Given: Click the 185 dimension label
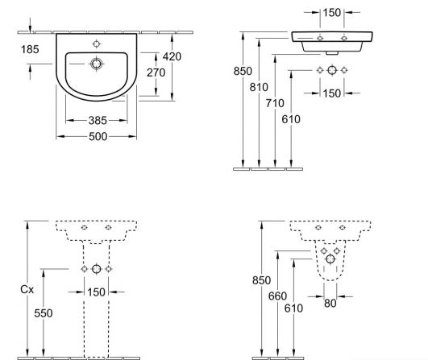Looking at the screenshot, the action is [x=30, y=49].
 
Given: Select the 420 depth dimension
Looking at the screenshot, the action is [x=172, y=56].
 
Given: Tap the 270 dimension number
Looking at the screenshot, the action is [x=156, y=72].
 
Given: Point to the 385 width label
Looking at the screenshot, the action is [x=98, y=120].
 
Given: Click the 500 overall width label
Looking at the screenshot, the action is [x=98, y=136].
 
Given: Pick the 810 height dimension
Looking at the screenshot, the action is [x=259, y=87].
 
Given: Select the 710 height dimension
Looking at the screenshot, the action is [x=275, y=103].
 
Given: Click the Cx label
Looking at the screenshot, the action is [x=27, y=289].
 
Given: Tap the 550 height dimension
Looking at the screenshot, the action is [x=44, y=313].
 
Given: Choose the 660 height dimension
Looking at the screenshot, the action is [x=277, y=296].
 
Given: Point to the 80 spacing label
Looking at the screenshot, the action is [x=330, y=304].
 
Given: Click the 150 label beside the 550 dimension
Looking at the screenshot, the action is [x=96, y=292].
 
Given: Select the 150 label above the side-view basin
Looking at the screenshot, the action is [x=331, y=13].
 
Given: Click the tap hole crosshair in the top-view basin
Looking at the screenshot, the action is [x=97, y=44].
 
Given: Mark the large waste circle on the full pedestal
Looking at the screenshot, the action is [x=97, y=269].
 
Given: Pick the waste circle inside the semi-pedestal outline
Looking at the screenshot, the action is [x=330, y=259].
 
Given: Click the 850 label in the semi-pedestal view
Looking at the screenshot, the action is [x=261, y=280].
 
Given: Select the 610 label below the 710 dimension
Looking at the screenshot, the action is [x=291, y=119].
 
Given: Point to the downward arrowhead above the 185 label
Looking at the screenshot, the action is [x=30, y=29].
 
